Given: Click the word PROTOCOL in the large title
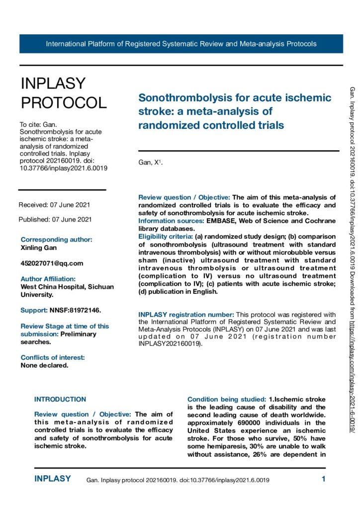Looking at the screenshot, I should click(63, 102).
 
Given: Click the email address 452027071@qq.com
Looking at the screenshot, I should click(52, 263).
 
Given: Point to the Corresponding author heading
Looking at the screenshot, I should click(57, 239).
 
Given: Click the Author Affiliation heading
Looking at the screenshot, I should click(48, 279).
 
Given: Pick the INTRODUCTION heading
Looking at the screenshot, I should click(60, 399).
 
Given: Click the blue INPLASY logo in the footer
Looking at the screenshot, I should click(52, 479).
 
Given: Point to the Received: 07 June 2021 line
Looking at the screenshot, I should click(54, 205).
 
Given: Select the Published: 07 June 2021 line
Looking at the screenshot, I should click(55, 219).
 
